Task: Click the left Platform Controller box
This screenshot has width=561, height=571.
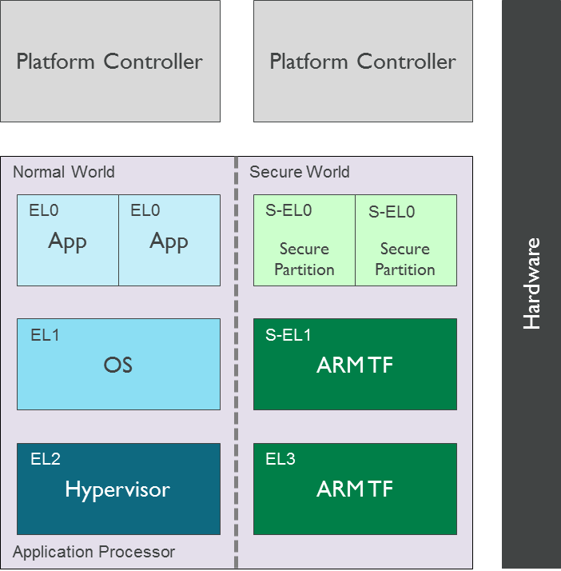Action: click(x=110, y=62)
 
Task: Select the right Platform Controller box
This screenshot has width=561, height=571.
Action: click(x=363, y=62)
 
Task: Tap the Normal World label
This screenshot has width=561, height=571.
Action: click(x=64, y=172)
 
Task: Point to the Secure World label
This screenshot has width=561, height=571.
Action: click(x=300, y=172)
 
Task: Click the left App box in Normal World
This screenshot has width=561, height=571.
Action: click(x=68, y=241)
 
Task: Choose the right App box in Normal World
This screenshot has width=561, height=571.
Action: click(x=169, y=241)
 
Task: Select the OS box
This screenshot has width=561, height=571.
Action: click(x=118, y=365)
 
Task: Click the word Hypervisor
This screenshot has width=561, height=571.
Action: click(x=117, y=489)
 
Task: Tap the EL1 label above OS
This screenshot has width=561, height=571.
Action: click(x=45, y=335)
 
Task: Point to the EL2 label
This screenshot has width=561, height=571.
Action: click(x=46, y=459)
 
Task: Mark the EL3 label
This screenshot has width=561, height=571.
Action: click(x=280, y=459)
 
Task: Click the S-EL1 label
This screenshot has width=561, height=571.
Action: click(x=288, y=335)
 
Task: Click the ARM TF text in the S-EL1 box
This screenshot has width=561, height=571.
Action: click(x=355, y=365)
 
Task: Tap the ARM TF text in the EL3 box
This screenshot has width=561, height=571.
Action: click(x=355, y=489)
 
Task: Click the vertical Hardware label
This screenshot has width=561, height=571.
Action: click(x=531, y=284)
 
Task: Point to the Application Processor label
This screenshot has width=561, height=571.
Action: click(x=93, y=552)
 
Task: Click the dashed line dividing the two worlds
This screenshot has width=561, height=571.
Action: click(x=237, y=360)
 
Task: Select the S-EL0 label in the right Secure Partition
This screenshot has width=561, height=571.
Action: click(x=392, y=213)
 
